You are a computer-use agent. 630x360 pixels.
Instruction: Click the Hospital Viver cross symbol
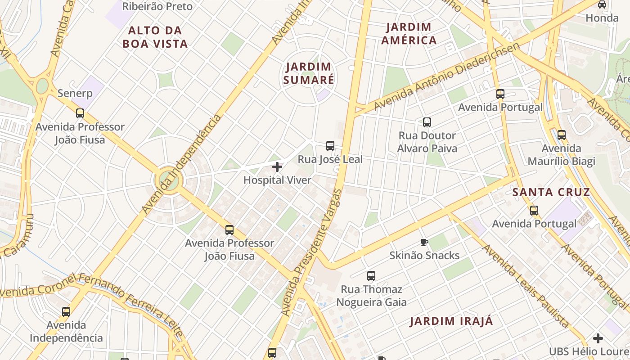point(277,167)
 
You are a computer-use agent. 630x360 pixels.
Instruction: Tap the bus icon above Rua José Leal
point(330,146)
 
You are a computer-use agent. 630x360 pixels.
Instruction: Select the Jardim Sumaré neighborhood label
point(310,73)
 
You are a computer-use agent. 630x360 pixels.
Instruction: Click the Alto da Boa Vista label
point(155,37)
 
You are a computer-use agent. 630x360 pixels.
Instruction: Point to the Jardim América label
point(409,34)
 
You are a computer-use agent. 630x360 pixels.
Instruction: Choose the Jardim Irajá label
point(451,321)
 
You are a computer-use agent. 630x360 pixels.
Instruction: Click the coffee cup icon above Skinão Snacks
point(424,243)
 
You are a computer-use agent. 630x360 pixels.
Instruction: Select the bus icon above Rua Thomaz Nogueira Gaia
point(371,276)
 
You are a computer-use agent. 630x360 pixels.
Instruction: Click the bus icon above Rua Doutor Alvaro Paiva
point(427,122)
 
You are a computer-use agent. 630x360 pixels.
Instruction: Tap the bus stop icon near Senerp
point(80,113)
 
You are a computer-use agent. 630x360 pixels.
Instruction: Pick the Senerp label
point(75,94)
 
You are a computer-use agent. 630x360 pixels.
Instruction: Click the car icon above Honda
point(602,4)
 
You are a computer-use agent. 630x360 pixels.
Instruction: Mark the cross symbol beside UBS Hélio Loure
point(598,338)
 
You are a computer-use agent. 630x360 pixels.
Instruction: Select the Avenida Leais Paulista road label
point(525,286)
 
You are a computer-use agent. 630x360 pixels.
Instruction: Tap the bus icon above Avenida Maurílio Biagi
point(561,135)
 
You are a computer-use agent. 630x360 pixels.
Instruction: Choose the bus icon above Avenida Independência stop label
point(66,311)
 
